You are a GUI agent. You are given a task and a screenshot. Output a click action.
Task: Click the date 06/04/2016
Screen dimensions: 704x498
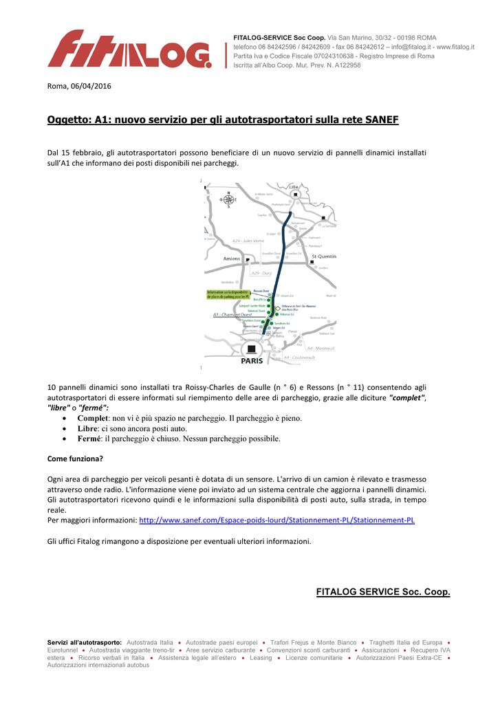pos(89,86)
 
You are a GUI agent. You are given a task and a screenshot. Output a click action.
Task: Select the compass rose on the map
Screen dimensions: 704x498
pos(228,199)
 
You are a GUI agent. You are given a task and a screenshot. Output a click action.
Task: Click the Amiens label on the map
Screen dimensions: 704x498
pos(231,258)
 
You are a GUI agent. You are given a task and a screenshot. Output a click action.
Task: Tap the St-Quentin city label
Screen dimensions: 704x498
pos(324,256)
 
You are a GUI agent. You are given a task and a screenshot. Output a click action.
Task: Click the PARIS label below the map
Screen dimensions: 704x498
pos(252,360)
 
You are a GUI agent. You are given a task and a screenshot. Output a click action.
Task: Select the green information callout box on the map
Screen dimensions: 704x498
pos(228,294)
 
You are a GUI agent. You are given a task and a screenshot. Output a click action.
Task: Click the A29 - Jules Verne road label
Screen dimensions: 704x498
pos(248,241)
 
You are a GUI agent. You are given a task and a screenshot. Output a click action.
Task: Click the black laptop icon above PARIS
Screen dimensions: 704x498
pos(251,348)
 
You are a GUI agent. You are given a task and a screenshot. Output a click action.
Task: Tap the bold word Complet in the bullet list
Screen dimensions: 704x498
pos(93,418)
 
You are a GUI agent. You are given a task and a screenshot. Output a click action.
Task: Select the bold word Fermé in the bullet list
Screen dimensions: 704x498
pos(89,439)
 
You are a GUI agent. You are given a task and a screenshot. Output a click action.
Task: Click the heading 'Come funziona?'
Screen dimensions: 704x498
pos(75,459)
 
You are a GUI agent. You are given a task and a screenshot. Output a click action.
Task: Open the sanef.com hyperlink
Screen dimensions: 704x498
pos(277,520)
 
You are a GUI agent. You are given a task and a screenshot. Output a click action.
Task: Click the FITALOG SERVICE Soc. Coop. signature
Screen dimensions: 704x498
pos(382,592)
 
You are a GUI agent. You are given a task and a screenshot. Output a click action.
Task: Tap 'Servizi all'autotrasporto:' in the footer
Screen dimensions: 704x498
pos(85,641)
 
